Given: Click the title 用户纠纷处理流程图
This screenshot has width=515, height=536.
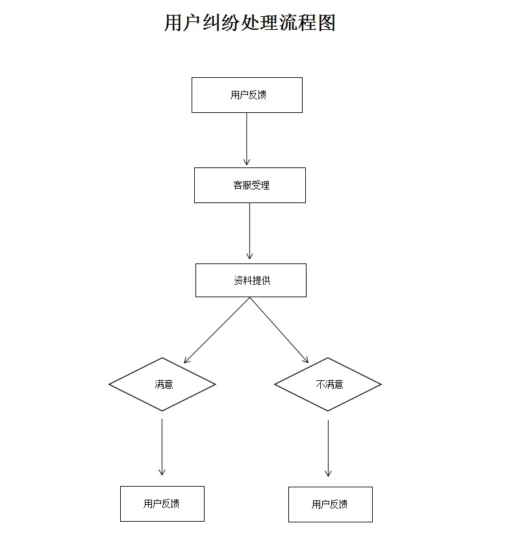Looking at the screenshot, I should pyautogui.click(x=250, y=23).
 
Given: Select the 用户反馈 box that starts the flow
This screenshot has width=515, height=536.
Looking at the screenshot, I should pyautogui.click(x=247, y=95).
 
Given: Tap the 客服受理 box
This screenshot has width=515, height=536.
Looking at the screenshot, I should pyautogui.click(x=250, y=185).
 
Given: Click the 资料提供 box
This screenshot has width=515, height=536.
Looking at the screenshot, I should pyautogui.click(x=251, y=280).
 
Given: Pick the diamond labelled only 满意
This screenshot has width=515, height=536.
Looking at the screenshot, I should pyautogui.click(x=162, y=384).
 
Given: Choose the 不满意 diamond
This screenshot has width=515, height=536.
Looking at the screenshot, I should pyautogui.click(x=328, y=384).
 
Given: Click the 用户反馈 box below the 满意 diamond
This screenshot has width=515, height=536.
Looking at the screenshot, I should pyautogui.click(x=162, y=504).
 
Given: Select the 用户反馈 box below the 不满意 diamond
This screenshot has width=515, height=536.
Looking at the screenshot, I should pyautogui.click(x=331, y=504).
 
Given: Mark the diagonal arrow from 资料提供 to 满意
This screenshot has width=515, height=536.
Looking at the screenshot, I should pyautogui.click(x=218, y=330).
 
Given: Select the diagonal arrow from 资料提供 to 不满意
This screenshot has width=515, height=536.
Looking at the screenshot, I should pyautogui.click(x=279, y=330).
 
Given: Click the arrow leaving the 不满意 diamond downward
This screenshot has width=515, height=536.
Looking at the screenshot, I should pyautogui.click(x=328, y=448).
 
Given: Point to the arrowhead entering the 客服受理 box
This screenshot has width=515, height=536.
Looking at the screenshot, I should pyautogui.click(x=247, y=162).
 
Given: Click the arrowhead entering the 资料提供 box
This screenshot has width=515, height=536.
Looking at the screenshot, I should pyautogui.click(x=250, y=257).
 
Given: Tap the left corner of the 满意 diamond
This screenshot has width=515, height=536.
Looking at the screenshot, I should pyautogui.click(x=110, y=384).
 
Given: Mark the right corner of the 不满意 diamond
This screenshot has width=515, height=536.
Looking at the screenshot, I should pyautogui.click(x=380, y=384).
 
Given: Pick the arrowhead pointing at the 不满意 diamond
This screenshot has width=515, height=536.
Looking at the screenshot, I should pyautogui.click(x=307, y=360).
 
